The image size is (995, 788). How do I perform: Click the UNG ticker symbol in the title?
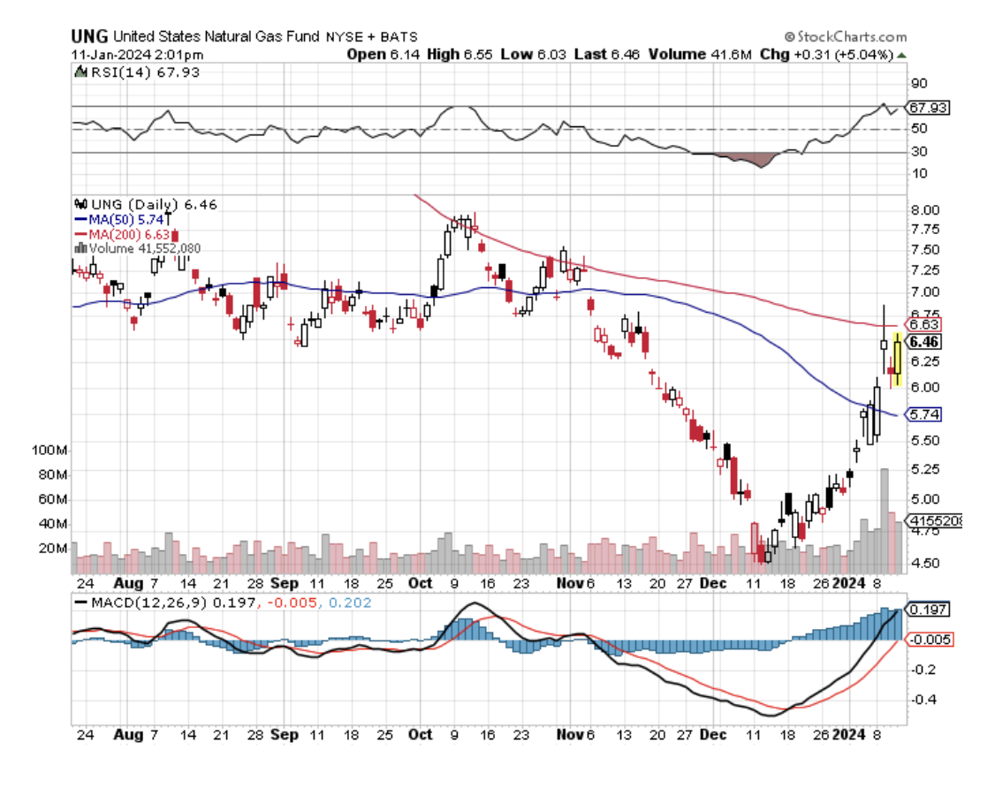click(x=90, y=36)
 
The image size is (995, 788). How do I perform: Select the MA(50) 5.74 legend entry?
click(x=112, y=219)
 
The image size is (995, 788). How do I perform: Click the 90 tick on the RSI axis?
click(x=918, y=84)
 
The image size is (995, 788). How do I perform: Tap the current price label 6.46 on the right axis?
click(x=926, y=341)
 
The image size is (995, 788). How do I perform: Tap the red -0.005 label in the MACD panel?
click(x=930, y=639)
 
